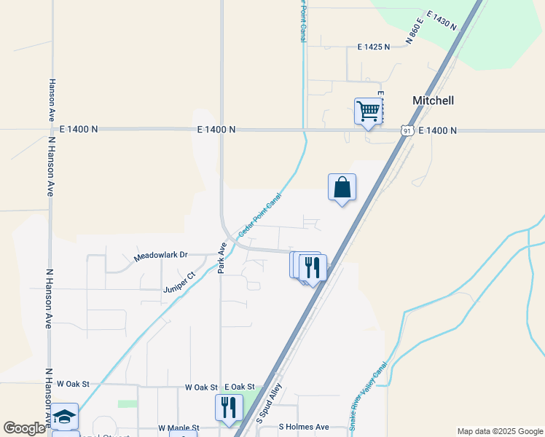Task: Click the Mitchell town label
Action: click(433, 101)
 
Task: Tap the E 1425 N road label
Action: click(374, 47)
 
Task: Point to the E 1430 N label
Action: click(442, 20)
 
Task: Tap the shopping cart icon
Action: click(369, 111)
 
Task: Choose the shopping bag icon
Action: click(342, 187)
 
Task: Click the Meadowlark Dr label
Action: click(161, 256)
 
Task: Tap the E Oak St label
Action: click(240, 387)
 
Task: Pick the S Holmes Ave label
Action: click(304, 428)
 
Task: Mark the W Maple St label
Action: click(179, 428)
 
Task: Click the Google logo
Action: click(24, 428)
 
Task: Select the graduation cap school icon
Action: click(65, 416)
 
